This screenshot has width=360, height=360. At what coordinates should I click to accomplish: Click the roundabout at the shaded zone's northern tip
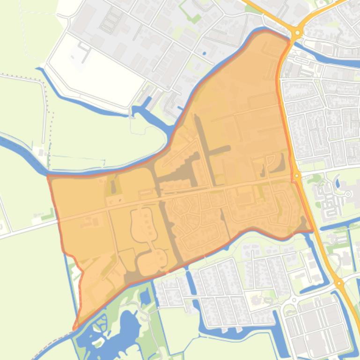[x=296, y=33]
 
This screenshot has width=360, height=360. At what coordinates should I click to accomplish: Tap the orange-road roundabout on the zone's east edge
[x=297, y=176]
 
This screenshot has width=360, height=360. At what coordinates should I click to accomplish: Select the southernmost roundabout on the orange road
[x=338, y=283]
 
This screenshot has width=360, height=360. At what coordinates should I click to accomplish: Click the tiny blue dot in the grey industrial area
[x=204, y=53]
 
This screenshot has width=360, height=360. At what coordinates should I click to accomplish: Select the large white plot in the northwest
[x=96, y=70]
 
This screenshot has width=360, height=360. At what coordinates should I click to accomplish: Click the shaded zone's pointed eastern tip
[x=312, y=230]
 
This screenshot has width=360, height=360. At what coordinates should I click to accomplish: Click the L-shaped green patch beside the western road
[x=47, y=216]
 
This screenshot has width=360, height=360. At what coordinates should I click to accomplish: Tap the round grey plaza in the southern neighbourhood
[x=257, y=299]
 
